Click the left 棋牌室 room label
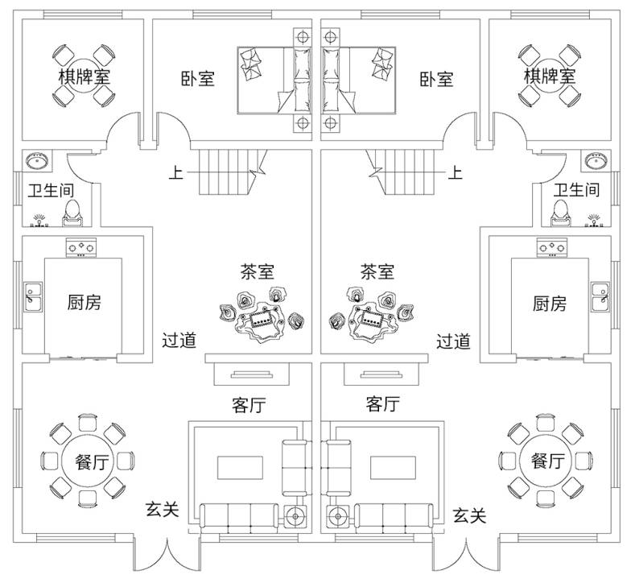pyautogui.click(x=84, y=76)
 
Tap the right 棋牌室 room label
pyautogui.click(x=550, y=76)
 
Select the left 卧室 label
pyautogui.click(x=197, y=79)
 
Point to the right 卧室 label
pyautogui.click(x=436, y=79)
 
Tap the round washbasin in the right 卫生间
pyautogui.click(x=596, y=160)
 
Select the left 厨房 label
pyautogui.click(x=84, y=303)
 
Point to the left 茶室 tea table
pyautogui.click(x=262, y=321)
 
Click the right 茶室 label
pyautogui.click(x=377, y=271)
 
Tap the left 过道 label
pyautogui.click(x=179, y=341)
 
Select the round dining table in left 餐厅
pyautogui.click(x=83, y=461)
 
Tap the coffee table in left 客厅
pyautogui.click(x=239, y=466)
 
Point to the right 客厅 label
pyautogui.click(x=382, y=404)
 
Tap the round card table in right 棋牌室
pyautogui.click(x=550, y=76)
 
